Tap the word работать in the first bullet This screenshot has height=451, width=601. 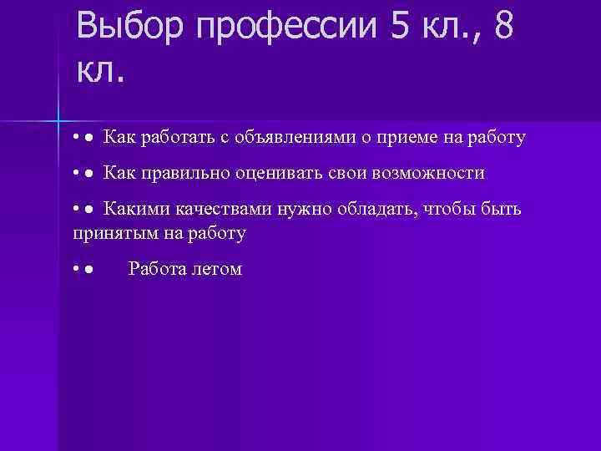point(177,138)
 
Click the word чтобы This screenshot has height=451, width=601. point(447,210)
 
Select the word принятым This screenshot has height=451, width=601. point(110,233)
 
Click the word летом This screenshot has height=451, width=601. point(217,269)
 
